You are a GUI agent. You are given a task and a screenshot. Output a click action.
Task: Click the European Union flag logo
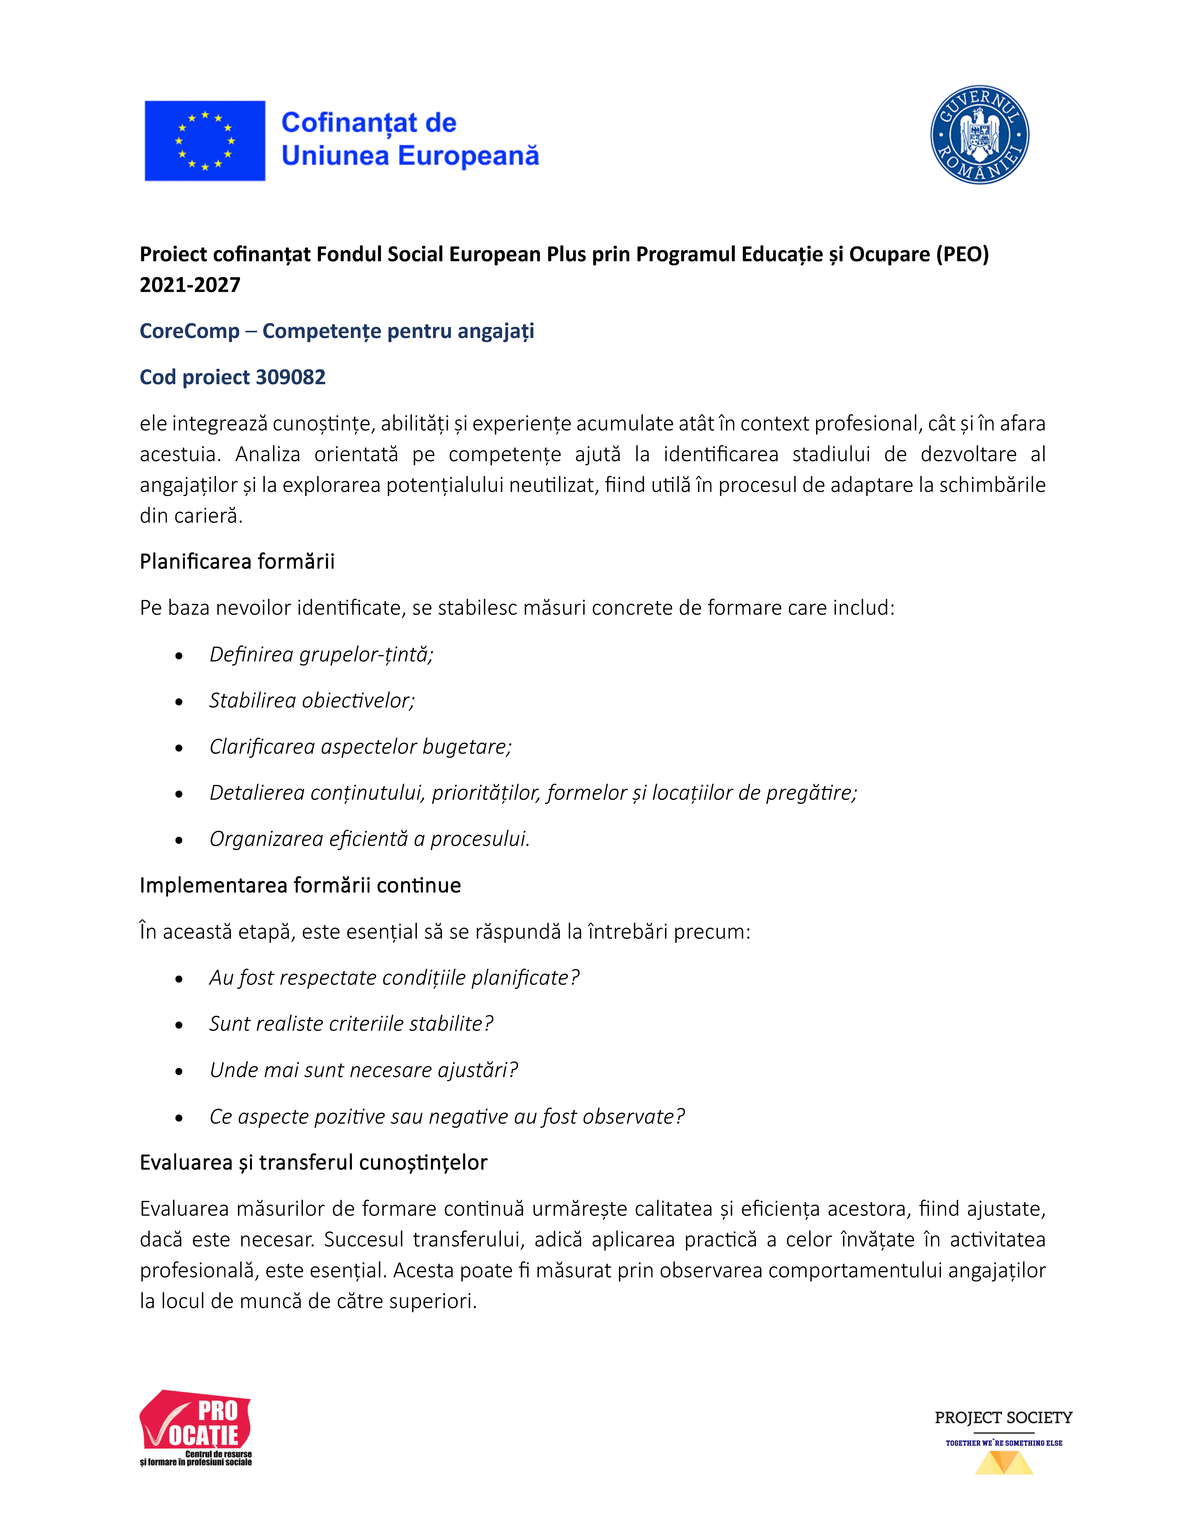click(205, 141)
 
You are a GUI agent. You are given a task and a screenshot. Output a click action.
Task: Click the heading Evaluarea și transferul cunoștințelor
click(313, 1163)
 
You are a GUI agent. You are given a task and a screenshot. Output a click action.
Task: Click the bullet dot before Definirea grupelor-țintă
click(179, 655)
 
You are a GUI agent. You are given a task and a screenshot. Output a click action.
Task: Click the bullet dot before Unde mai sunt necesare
click(179, 1071)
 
